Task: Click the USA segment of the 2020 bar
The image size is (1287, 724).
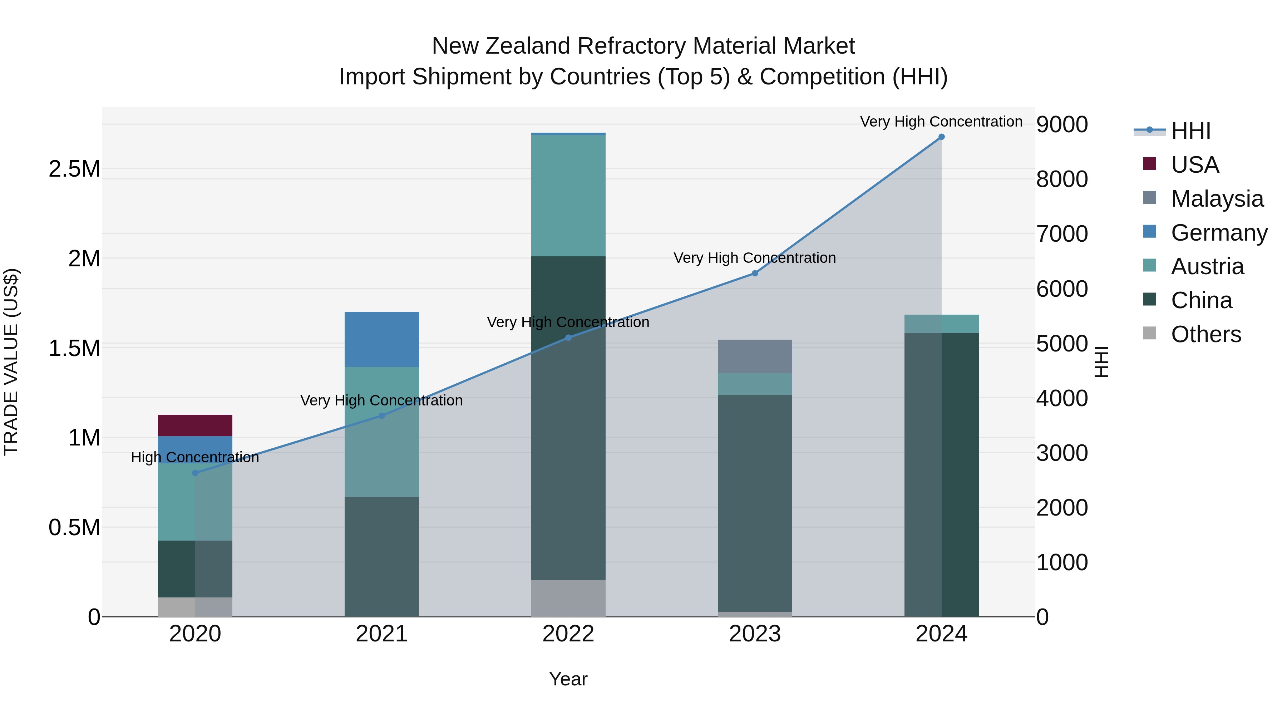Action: click(195, 425)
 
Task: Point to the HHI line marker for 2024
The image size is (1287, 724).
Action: click(941, 137)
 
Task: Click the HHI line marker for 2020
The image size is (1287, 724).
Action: click(195, 473)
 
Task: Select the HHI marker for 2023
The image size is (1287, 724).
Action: click(755, 273)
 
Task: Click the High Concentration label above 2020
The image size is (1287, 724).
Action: click(195, 457)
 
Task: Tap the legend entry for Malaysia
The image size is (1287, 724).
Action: click(1217, 199)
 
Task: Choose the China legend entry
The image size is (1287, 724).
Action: click(1201, 300)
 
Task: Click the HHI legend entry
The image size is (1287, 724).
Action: click(1190, 131)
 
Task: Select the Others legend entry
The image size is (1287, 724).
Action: click(1205, 334)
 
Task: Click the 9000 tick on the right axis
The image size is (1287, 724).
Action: click(1062, 124)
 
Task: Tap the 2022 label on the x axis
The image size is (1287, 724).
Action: click(568, 634)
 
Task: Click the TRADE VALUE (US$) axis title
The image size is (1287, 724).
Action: click(11, 362)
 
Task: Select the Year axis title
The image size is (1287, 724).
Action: click(568, 679)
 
